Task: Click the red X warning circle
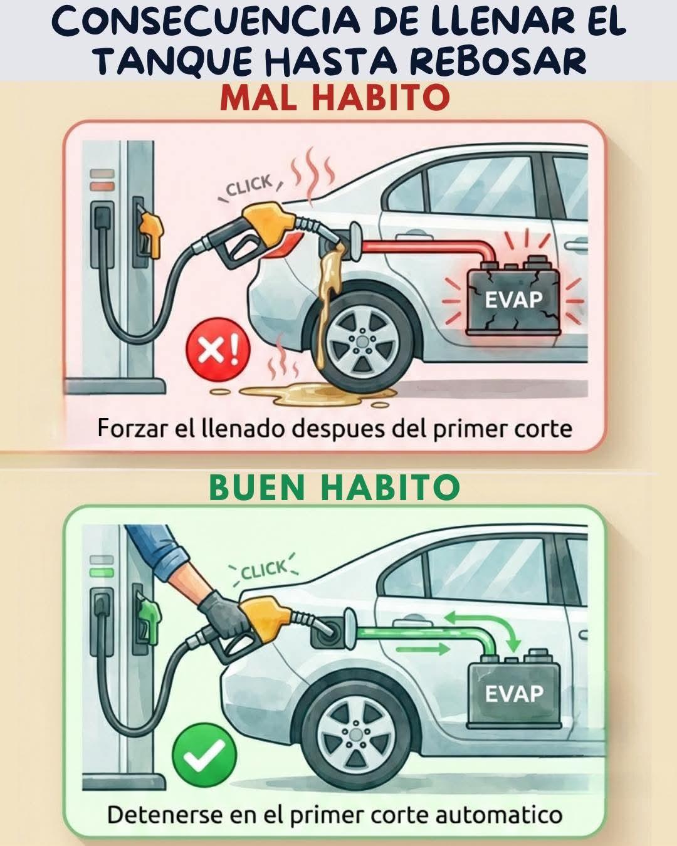(218, 350)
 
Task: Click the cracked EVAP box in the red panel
(513, 298)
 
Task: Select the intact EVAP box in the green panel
(513, 691)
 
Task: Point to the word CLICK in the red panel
(249, 186)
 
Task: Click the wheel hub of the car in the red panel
(357, 340)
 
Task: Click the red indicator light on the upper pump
(102, 185)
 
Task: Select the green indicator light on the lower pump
(102, 572)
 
